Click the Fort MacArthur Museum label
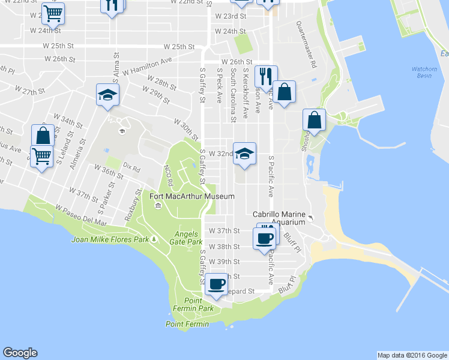[x=191, y=196]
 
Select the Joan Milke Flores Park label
[x=110, y=239]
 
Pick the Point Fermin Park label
[x=198, y=304]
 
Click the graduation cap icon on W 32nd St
[x=244, y=153]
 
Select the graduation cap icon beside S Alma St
[x=108, y=94]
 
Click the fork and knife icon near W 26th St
[x=265, y=76]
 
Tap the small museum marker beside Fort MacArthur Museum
[x=158, y=206]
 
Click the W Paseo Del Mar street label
[x=80, y=215]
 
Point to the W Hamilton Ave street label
[x=147, y=67]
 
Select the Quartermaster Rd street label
[x=307, y=45]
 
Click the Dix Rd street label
[x=131, y=164]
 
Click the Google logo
[x=20, y=353]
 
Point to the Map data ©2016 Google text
[x=412, y=355]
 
